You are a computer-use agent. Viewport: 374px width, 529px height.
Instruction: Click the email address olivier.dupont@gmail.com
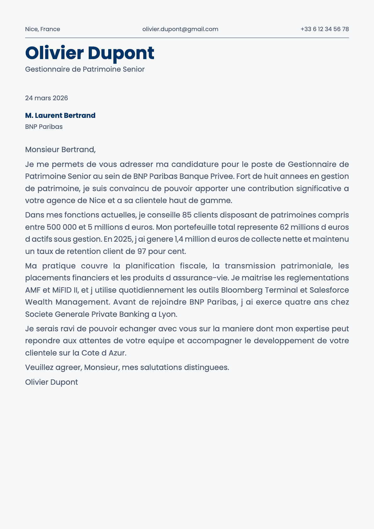pyautogui.click(x=180, y=29)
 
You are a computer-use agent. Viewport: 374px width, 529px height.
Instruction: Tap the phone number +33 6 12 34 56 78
pyautogui.click(x=324, y=29)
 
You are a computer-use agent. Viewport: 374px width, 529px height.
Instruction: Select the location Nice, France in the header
pyautogui.click(x=42, y=29)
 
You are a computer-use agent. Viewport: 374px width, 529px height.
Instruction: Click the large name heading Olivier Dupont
pyautogui.click(x=90, y=53)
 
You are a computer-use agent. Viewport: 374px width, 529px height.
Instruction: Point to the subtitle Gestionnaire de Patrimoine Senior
pyautogui.click(x=85, y=69)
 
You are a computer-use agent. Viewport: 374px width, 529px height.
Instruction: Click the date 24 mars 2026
pyautogui.click(x=47, y=98)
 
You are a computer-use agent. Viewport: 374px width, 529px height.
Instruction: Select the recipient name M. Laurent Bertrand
pyautogui.click(x=60, y=115)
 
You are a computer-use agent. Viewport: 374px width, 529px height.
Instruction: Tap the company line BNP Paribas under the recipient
pyautogui.click(x=44, y=127)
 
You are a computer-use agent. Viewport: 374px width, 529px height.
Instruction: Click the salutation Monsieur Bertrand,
pyautogui.click(x=60, y=149)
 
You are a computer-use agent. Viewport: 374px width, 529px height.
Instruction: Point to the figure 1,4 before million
pyautogui.click(x=179, y=239)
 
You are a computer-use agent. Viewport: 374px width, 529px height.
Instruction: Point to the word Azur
pyautogui.click(x=117, y=353)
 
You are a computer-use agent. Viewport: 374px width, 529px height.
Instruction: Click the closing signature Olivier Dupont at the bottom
pyautogui.click(x=51, y=382)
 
